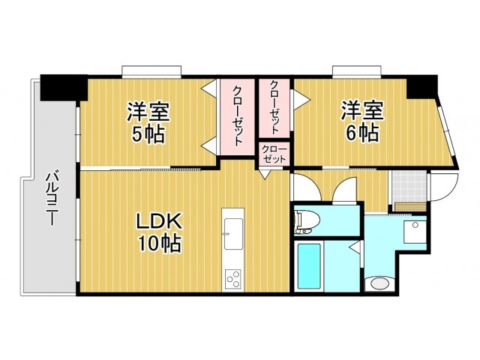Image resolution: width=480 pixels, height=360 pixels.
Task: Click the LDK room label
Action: click(x=158, y=222)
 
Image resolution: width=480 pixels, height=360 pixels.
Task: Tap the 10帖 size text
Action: click(x=158, y=244)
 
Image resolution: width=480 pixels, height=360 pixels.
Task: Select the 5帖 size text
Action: click(x=147, y=135)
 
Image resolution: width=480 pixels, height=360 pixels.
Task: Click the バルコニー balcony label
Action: click(x=52, y=199)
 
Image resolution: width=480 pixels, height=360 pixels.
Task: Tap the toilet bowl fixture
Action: click(x=305, y=220)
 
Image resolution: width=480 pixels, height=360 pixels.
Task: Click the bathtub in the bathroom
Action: click(x=309, y=265)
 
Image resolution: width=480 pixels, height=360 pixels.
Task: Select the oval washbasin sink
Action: click(x=378, y=283)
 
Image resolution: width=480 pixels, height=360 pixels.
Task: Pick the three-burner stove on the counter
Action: click(x=232, y=277)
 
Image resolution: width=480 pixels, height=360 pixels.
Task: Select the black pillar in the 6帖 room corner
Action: click(x=423, y=86)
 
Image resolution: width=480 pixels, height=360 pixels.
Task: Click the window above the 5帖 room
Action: click(x=152, y=72)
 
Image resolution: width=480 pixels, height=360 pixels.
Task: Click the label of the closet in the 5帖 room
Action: click(x=236, y=115)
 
